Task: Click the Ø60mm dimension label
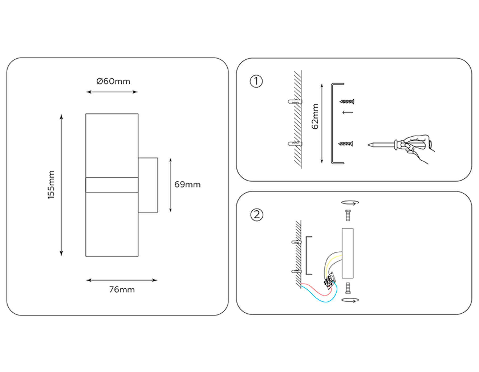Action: click(113, 81)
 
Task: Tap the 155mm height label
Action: click(51, 185)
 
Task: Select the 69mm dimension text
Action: click(187, 184)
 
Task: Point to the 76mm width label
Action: click(122, 289)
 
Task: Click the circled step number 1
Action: click(256, 81)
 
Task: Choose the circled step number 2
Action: click(257, 215)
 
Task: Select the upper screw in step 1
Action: click(347, 102)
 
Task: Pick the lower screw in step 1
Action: click(345, 144)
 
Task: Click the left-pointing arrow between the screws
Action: click(348, 112)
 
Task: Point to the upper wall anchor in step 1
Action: click(295, 102)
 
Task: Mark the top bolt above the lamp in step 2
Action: click(348, 215)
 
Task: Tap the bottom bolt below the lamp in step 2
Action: click(348, 288)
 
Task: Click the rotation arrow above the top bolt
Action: click(350, 203)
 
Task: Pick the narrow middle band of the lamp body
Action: click(112, 185)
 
